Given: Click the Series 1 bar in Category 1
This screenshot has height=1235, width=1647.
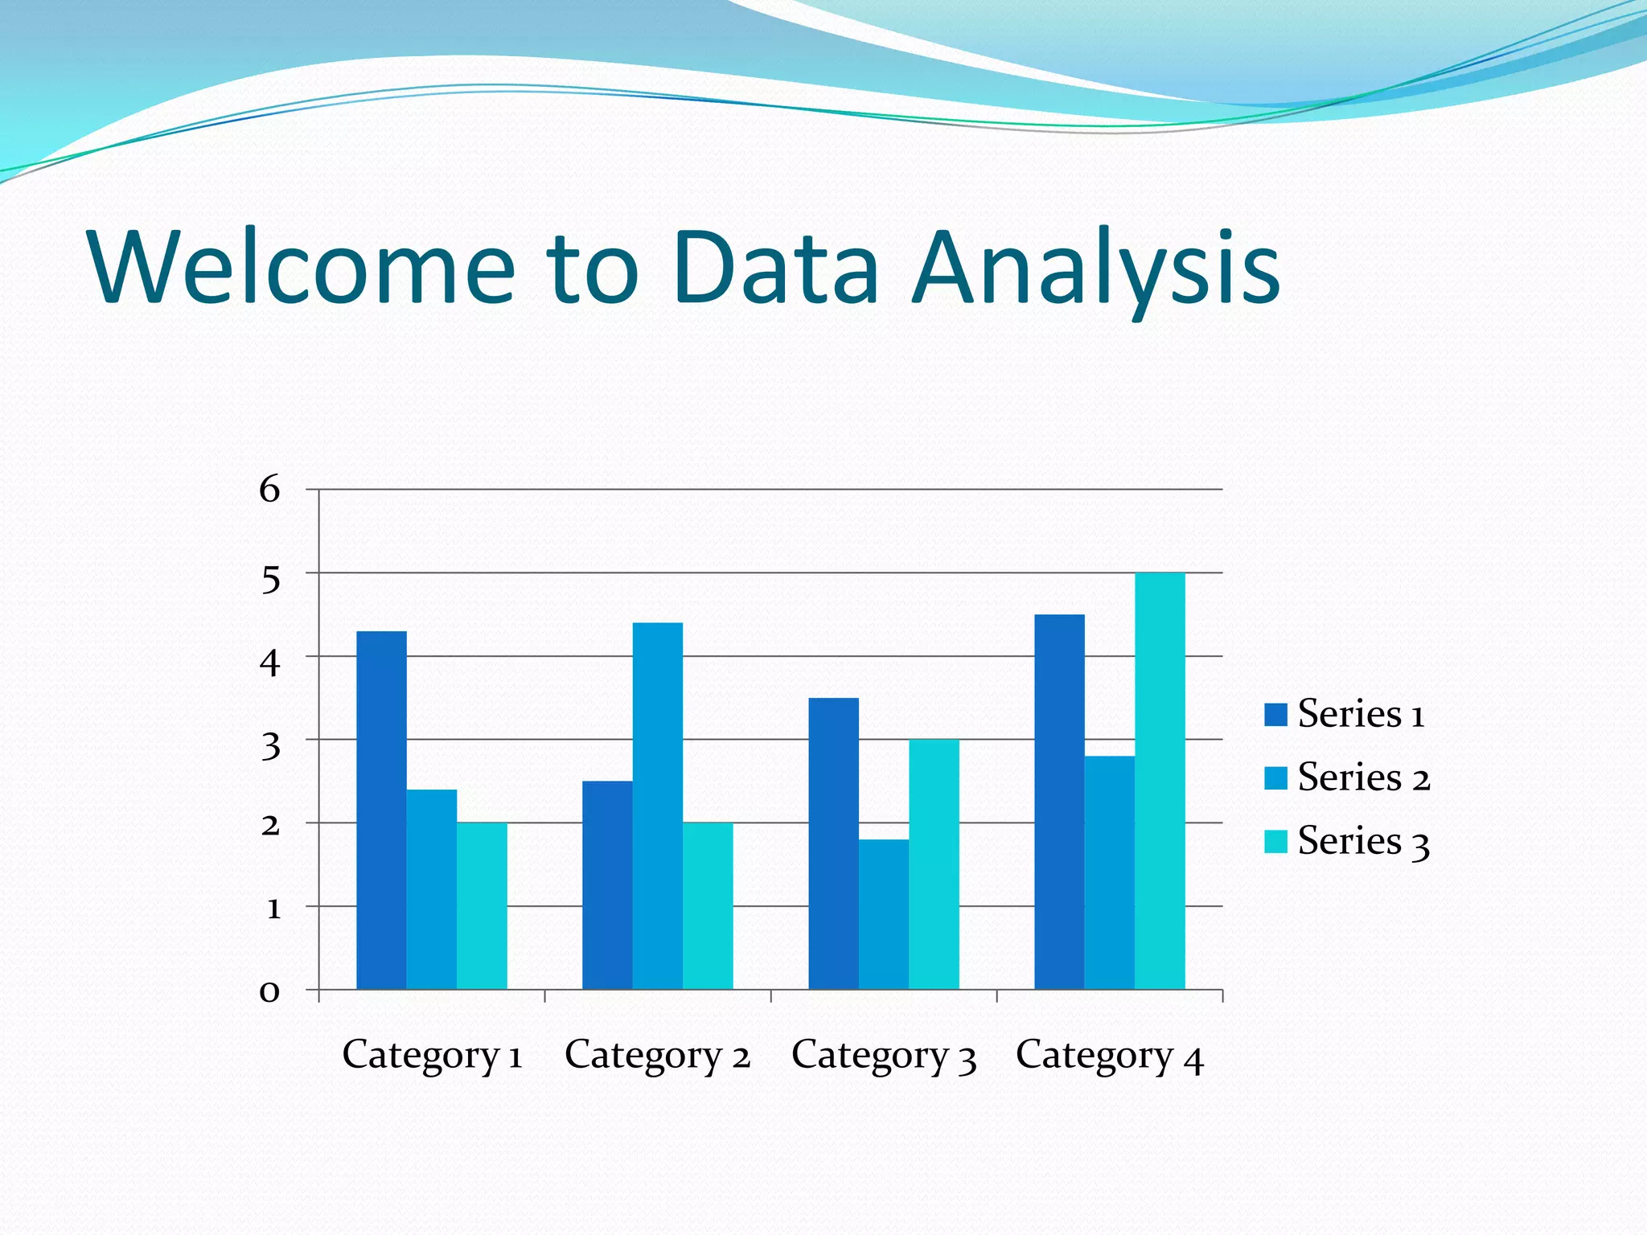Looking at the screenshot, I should (381, 810).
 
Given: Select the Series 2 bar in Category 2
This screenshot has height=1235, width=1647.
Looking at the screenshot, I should (657, 806).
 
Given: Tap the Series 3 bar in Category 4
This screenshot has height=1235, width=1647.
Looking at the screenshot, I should (1160, 781).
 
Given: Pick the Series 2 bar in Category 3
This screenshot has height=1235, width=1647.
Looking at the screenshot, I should (883, 914).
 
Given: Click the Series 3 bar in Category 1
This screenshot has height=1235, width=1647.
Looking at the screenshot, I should (482, 905).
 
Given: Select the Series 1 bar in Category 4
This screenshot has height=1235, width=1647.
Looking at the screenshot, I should (1059, 802).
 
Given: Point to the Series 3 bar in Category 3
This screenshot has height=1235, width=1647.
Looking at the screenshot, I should (934, 864).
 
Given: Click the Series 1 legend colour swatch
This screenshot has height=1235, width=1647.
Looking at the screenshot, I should (1275, 715).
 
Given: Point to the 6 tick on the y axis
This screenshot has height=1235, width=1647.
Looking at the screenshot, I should (269, 489).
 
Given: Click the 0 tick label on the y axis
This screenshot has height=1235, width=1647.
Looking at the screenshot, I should (269, 991).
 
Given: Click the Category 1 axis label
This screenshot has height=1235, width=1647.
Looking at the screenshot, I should (432, 1055).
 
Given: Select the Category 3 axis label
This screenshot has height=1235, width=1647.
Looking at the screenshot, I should (883, 1055).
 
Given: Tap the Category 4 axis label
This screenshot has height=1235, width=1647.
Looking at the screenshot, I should (1109, 1055).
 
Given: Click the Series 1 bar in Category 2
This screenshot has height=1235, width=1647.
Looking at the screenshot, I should (607, 884).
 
